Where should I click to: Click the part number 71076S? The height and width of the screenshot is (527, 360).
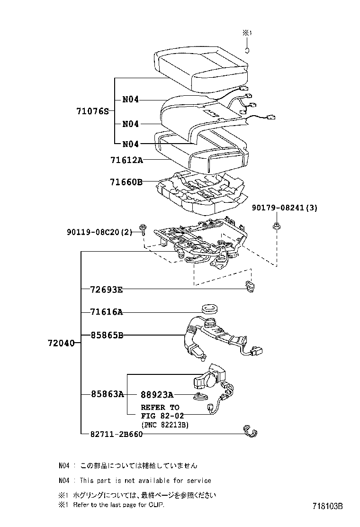click(93, 111)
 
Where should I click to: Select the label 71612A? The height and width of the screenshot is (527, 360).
click(126, 160)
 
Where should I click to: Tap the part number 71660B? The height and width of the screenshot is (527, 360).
click(126, 182)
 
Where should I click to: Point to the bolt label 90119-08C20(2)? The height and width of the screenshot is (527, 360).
click(100, 232)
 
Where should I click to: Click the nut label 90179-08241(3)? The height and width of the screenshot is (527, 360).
click(284, 208)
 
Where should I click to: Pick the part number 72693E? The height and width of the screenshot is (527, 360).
click(107, 290)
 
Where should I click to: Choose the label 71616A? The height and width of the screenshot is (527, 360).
click(107, 312)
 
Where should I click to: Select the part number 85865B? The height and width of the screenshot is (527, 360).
click(107, 335)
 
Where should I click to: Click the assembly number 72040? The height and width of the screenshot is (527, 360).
click(61, 343)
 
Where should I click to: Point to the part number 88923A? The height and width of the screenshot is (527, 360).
click(157, 395)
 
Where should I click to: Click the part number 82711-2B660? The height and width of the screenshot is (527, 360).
click(117, 434)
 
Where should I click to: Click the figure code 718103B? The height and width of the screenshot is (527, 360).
click(328, 506)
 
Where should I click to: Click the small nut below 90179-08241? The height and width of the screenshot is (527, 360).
click(277, 226)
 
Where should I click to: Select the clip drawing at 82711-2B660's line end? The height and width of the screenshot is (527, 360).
click(250, 431)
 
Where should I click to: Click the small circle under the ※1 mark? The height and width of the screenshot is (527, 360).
click(247, 51)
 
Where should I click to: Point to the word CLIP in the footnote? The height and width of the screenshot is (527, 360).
click(157, 504)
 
